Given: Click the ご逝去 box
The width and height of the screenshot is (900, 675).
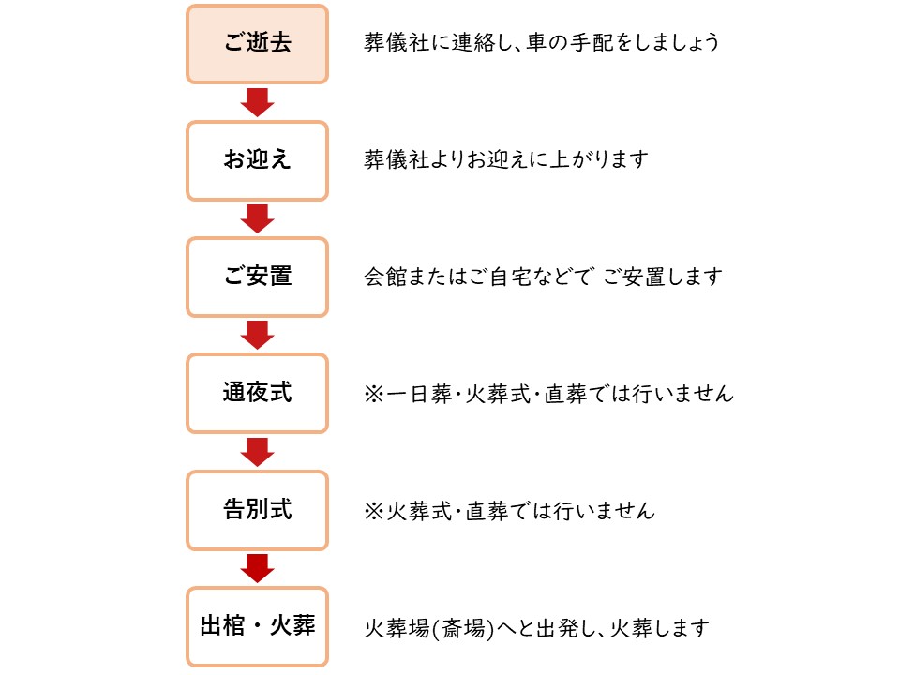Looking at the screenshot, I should pos(257,44).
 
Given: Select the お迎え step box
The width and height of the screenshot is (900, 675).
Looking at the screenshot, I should pos(257,160).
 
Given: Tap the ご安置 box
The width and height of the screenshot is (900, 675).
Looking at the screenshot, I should pos(257,277).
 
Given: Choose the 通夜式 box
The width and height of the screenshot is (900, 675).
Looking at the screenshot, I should pos(257,393).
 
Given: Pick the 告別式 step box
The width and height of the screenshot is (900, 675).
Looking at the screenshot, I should pos(257,509).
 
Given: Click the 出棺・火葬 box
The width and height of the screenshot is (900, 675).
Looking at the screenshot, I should pos(257,626).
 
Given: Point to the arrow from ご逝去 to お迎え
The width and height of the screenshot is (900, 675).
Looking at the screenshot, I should pos(257,101).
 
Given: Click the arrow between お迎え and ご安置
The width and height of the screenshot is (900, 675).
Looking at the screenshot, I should pos(257,217).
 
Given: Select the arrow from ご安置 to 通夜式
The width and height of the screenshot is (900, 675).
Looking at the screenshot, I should pos(257,335).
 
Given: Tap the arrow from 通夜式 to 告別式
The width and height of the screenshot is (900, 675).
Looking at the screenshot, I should pos(257,451).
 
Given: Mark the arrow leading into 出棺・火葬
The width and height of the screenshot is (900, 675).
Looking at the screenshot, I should pos(257,567).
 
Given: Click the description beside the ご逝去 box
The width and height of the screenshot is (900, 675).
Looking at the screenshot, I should pos(542,43).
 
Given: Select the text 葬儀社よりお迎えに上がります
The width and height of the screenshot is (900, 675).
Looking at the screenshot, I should pos(506,160).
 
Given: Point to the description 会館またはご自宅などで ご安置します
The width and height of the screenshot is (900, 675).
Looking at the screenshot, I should pos(544,277).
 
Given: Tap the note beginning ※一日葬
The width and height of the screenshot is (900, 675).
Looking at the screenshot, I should pos(548,394).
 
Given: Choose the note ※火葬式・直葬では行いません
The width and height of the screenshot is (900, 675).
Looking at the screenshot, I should pos(509,511).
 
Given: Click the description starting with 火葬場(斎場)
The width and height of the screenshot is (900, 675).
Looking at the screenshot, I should pos(536,627).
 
